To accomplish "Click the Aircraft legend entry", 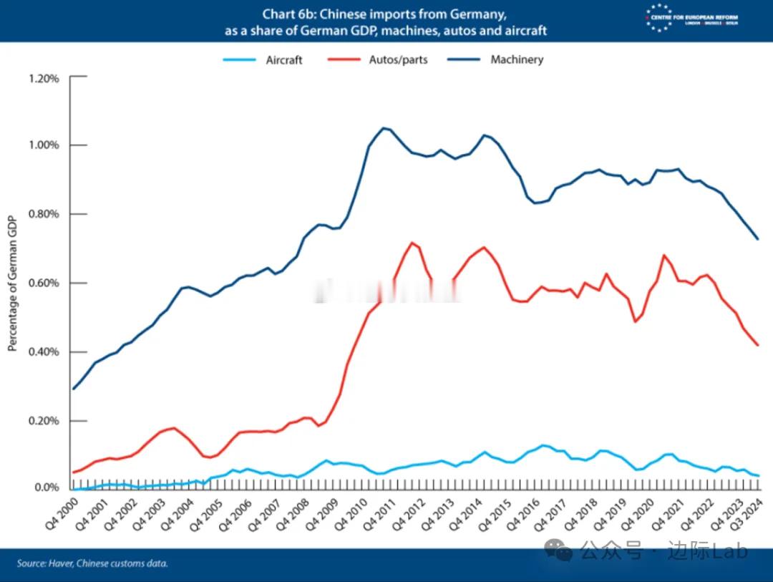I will [x=284, y=60].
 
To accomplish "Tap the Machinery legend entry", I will [x=516, y=60].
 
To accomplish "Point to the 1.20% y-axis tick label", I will [x=44, y=78].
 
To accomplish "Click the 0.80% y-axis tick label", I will [x=44, y=214].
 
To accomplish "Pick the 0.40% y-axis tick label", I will [x=44, y=352].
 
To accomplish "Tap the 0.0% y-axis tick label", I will [x=47, y=488].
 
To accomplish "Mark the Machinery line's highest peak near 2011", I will [x=384, y=128].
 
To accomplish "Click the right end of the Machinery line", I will [x=758, y=238].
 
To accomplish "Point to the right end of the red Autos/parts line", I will [x=758, y=345].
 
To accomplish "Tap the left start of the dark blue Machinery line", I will [x=73, y=389].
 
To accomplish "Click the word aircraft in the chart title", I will [x=526, y=31].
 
